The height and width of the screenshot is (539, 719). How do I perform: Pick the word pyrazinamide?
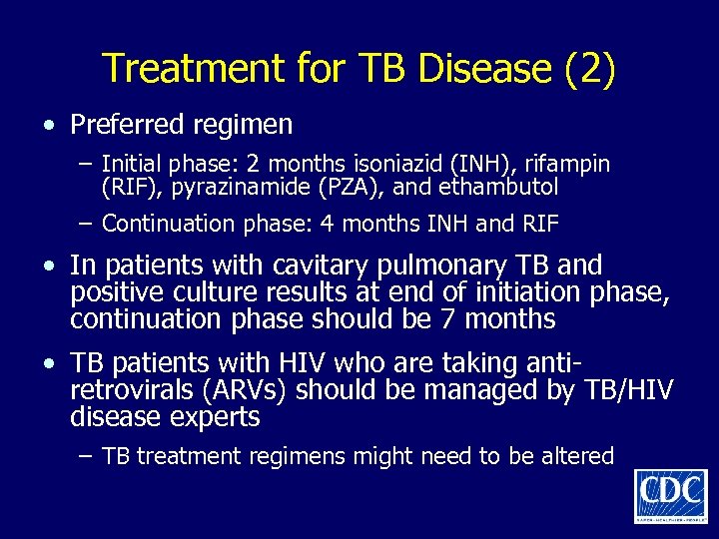click(241, 186)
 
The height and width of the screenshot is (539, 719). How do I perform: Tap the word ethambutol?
click(503, 186)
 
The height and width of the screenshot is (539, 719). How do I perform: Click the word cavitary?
click(317, 266)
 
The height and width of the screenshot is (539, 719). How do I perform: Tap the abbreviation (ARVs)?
click(256, 390)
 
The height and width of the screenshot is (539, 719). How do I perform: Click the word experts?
click(212, 417)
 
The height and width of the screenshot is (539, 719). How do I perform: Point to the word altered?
click(575, 456)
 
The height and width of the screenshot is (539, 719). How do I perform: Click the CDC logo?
click(670, 495)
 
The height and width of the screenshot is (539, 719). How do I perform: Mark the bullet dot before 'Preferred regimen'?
click(48, 127)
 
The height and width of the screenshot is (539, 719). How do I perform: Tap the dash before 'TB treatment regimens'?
click(87, 456)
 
